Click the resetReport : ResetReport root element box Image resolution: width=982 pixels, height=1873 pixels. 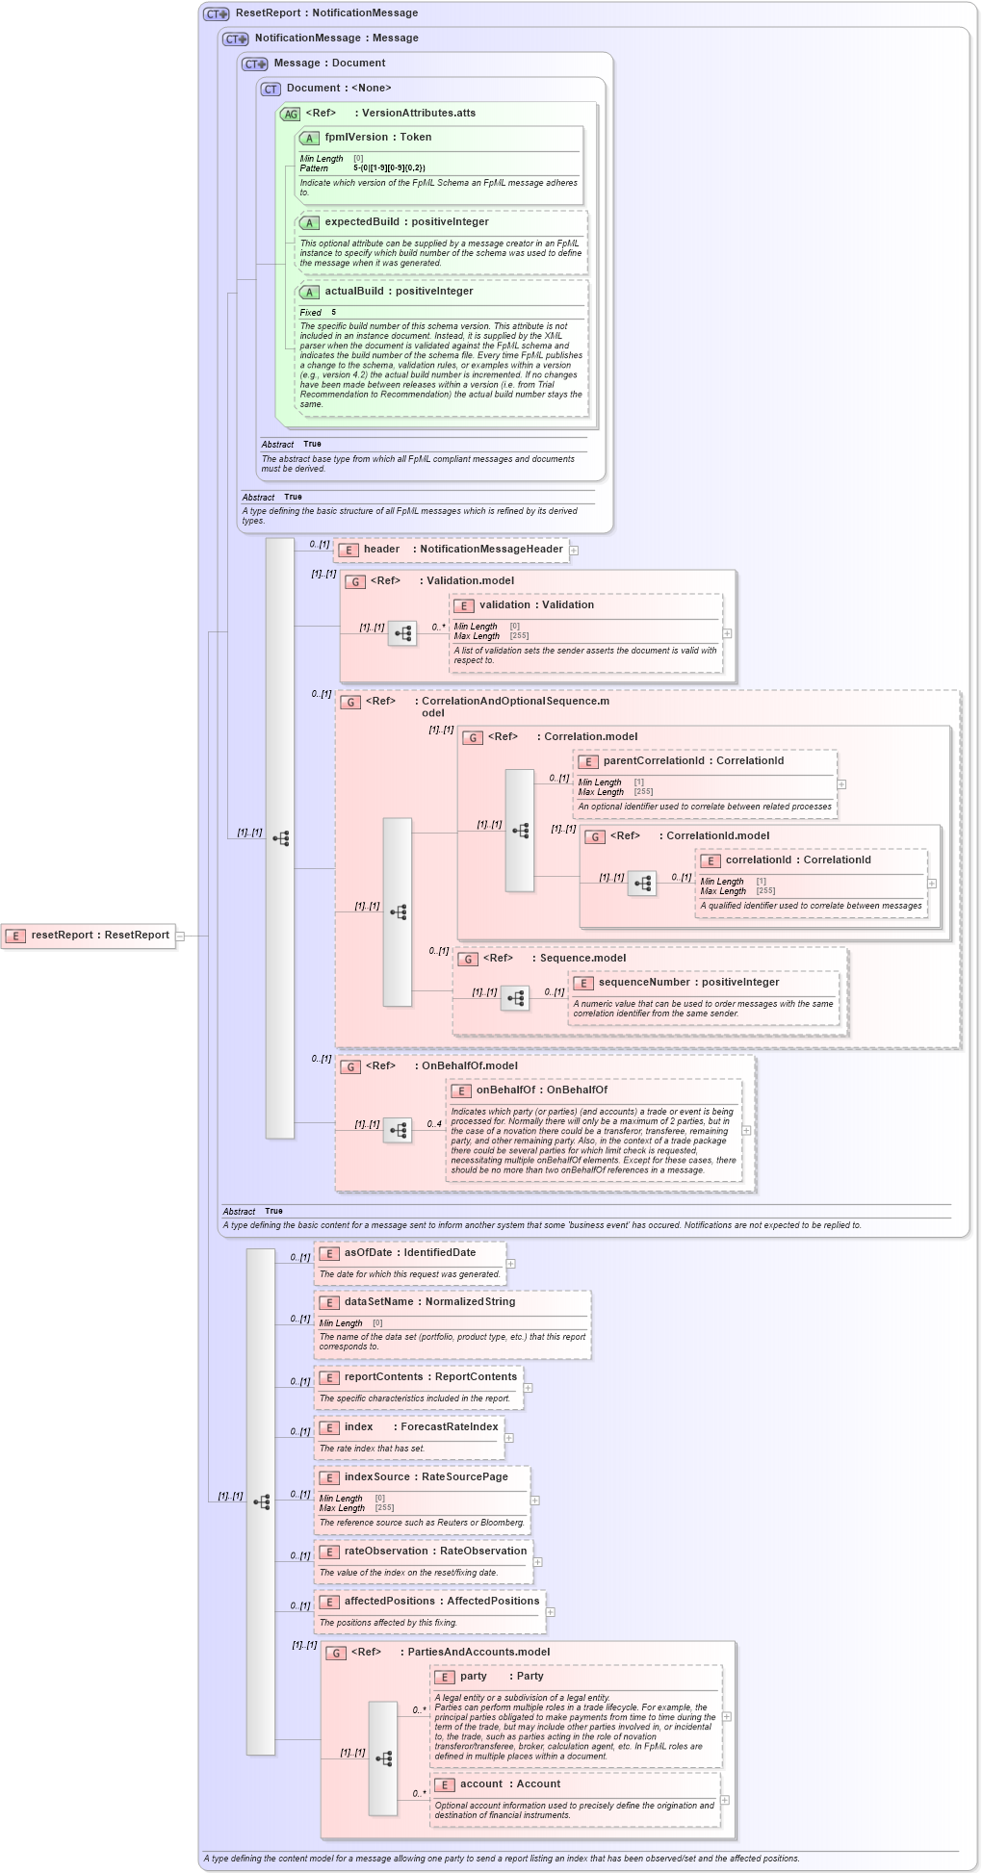[89, 936]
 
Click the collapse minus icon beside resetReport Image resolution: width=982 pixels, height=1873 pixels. [180, 936]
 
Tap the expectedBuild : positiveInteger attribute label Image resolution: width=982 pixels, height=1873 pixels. [406, 222]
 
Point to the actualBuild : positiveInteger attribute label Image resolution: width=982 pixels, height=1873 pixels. [399, 292]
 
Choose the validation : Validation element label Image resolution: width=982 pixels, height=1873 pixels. [536, 605]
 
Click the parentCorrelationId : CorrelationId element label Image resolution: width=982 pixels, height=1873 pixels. [693, 761]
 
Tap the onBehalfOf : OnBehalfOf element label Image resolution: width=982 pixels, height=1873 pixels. [541, 1090]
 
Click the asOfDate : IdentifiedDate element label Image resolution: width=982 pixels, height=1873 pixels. [409, 1253]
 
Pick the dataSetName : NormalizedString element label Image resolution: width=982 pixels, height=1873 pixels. [429, 1302]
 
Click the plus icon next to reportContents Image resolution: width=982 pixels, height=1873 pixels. [529, 1388]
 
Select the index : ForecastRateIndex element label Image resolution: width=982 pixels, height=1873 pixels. [421, 1427]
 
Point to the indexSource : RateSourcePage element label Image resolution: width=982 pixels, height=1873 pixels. [426, 1477]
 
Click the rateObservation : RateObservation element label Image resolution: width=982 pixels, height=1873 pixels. [435, 1552]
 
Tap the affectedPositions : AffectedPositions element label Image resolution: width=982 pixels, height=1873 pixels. [441, 1602]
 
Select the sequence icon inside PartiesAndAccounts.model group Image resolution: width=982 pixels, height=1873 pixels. [383, 1758]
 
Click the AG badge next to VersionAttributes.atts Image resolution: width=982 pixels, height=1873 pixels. [290, 115]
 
